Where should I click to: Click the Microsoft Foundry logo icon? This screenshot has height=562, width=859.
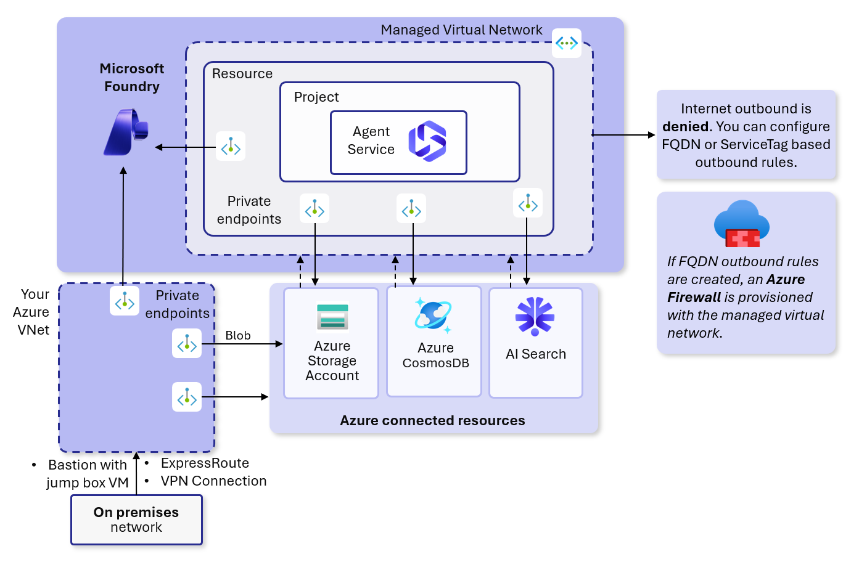click(x=126, y=132)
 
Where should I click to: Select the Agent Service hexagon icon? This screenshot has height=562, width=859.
click(x=427, y=141)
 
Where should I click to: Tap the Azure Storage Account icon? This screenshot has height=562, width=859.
click(x=332, y=317)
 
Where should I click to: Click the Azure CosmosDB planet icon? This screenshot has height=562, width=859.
click(x=434, y=316)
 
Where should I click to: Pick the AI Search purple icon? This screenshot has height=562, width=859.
click(x=535, y=316)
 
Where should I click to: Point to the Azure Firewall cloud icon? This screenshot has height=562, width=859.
click(x=742, y=223)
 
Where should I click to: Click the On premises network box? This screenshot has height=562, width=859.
click(x=136, y=519)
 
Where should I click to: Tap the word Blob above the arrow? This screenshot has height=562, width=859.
click(x=238, y=335)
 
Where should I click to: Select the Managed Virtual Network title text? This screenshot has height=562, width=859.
click(x=461, y=30)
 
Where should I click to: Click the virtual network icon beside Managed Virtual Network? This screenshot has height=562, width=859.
click(x=566, y=43)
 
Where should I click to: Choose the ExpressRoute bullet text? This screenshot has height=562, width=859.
click(x=205, y=463)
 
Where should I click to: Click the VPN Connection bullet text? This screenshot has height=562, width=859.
click(x=213, y=481)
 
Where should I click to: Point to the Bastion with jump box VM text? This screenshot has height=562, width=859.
click(x=88, y=473)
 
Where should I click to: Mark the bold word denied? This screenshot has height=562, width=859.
click(x=685, y=126)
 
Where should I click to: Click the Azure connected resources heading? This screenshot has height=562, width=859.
click(x=432, y=420)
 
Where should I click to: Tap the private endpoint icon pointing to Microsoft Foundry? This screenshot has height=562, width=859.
click(x=231, y=147)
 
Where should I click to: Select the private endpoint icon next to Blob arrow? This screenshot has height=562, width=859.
click(x=187, y=344)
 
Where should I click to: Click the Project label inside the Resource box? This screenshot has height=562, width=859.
click(x=316, y=97)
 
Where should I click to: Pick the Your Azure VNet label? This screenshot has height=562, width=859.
click(x=33, y=312)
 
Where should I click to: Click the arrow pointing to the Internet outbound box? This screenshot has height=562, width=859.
click(x=623, y=134)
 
